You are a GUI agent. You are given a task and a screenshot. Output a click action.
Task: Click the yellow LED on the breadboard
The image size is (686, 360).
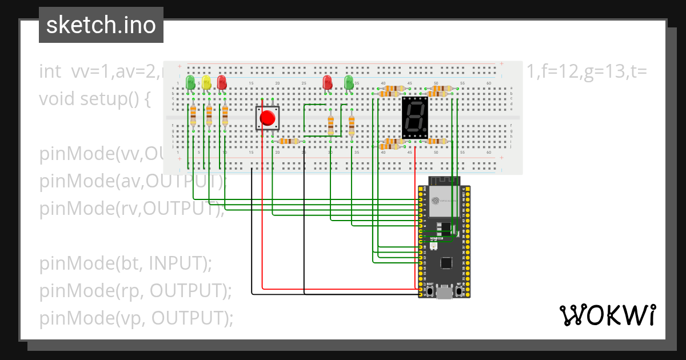pos(206,83)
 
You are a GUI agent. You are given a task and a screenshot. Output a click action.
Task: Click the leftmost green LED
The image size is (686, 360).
pos(190,82)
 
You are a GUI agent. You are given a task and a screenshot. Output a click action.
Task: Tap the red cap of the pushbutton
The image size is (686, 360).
pos(267,118)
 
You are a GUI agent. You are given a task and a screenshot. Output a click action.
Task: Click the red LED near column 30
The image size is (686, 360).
pos(328,82)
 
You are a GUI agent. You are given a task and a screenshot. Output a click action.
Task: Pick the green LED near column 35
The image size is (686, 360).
pos(349,82)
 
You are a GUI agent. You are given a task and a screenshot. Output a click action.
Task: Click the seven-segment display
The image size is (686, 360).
pos(414,117)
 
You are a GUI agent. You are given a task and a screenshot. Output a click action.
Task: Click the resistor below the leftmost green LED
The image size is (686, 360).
pos(193,115)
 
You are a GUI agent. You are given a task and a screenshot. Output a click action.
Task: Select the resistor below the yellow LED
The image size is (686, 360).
pos(209,115)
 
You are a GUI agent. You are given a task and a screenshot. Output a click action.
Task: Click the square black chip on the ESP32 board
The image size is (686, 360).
pos(446,263)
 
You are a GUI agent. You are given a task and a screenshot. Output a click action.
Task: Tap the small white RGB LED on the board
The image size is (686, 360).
pos(432,246)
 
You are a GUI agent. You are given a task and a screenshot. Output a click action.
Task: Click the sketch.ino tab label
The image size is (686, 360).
pos(101,25)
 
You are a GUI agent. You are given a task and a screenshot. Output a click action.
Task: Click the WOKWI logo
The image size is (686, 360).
pos(607,315)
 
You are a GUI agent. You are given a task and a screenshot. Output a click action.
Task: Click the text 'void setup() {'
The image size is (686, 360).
pos(95,99)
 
